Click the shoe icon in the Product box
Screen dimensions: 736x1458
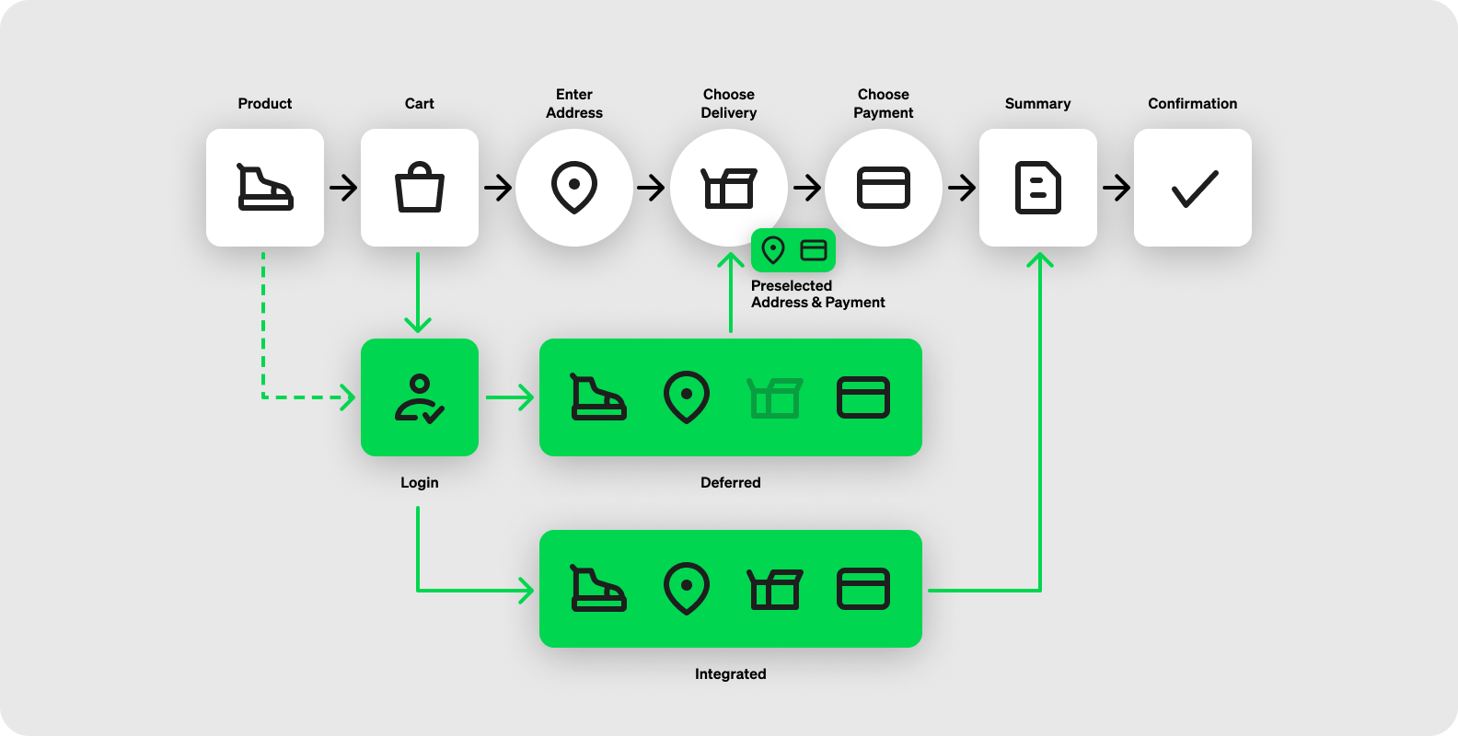tap(265, 188)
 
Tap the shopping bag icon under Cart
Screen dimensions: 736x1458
tap(420, 188)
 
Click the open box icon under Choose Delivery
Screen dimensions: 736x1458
tap(728, 188)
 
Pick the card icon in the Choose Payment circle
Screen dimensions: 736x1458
tap(884, 188)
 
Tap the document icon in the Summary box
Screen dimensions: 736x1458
tap(1037, 188)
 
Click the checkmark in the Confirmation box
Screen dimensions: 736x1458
tap(1194, 189)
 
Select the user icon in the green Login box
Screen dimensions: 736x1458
tap(420, 398)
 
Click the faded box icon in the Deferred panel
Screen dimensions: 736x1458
tap(775, 398)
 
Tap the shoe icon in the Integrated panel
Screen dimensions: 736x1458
tap(598, 589)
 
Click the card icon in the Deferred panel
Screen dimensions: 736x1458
tap(863, 398)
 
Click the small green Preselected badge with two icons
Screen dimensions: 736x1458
tap(793, 250)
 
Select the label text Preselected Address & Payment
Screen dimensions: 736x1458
tap(817, 294)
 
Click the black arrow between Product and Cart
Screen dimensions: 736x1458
tap(344, 188)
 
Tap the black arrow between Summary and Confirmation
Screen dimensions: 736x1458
tap(1117, 188)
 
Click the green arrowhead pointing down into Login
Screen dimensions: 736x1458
tap(418, 324)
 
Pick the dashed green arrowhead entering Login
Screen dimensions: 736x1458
tap(347, 397)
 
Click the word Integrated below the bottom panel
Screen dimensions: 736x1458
tap(730, 674)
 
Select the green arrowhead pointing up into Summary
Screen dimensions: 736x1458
tap(1040, 261)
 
